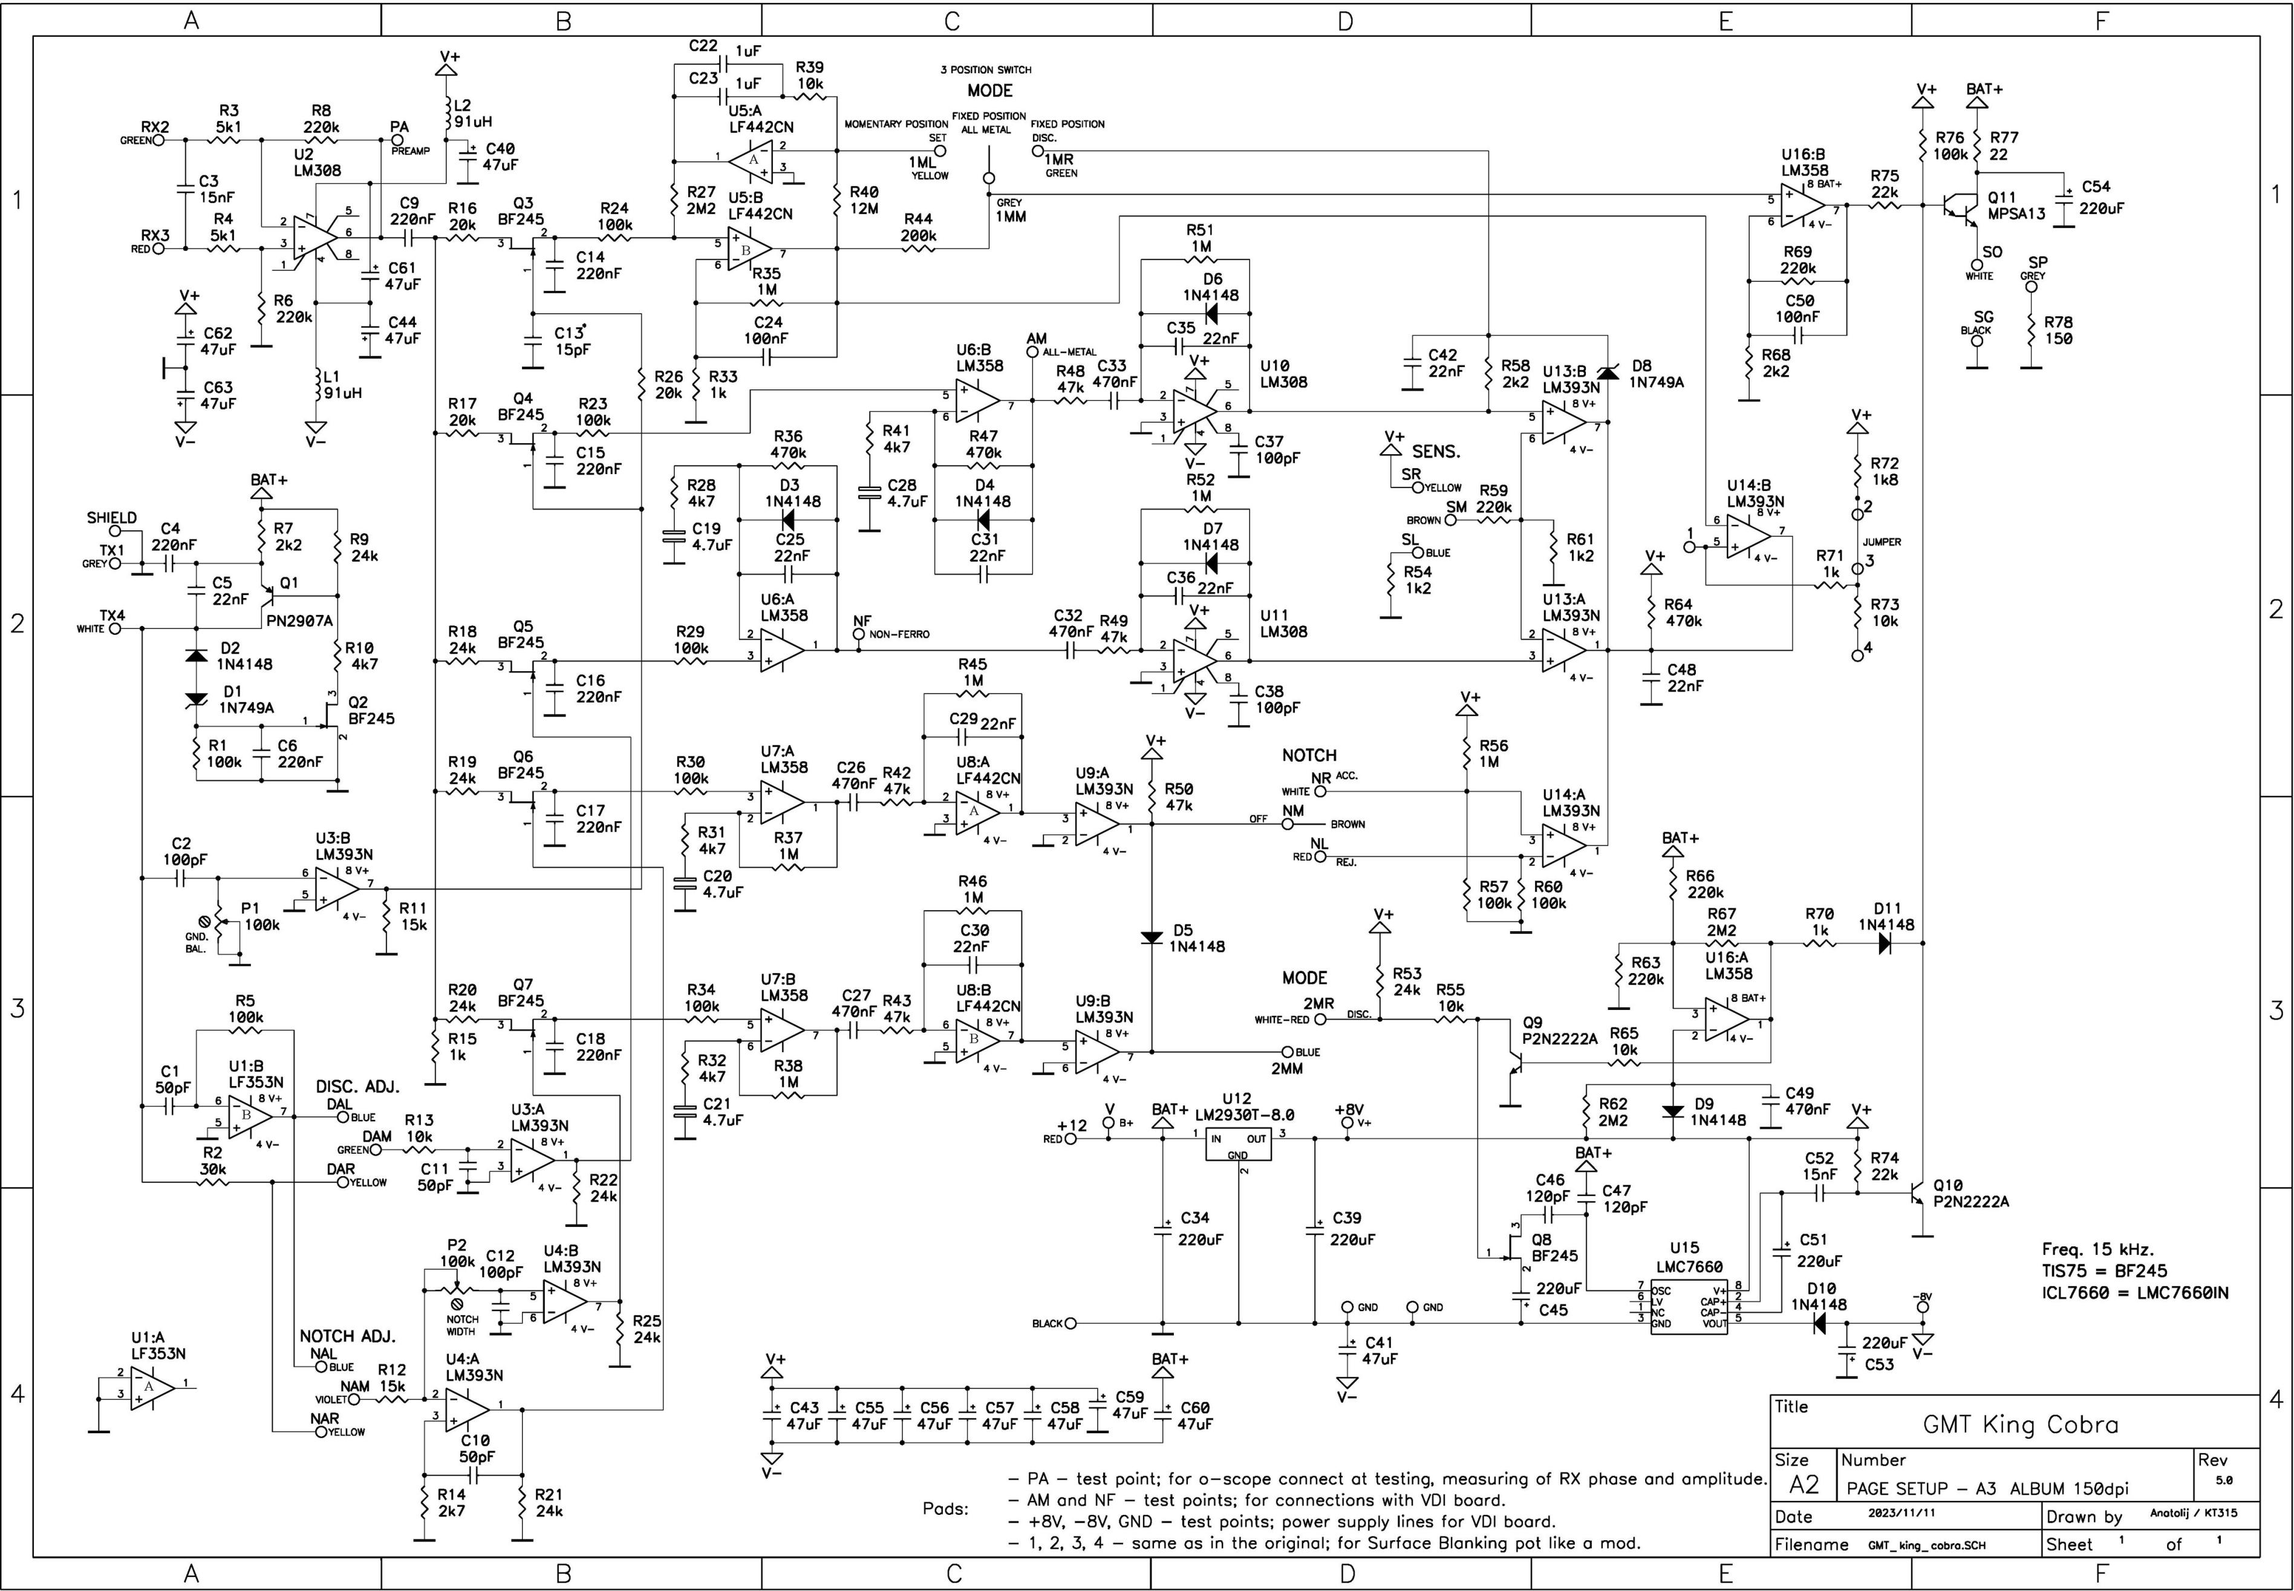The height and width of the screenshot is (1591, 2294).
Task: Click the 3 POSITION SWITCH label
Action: (985, 70)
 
